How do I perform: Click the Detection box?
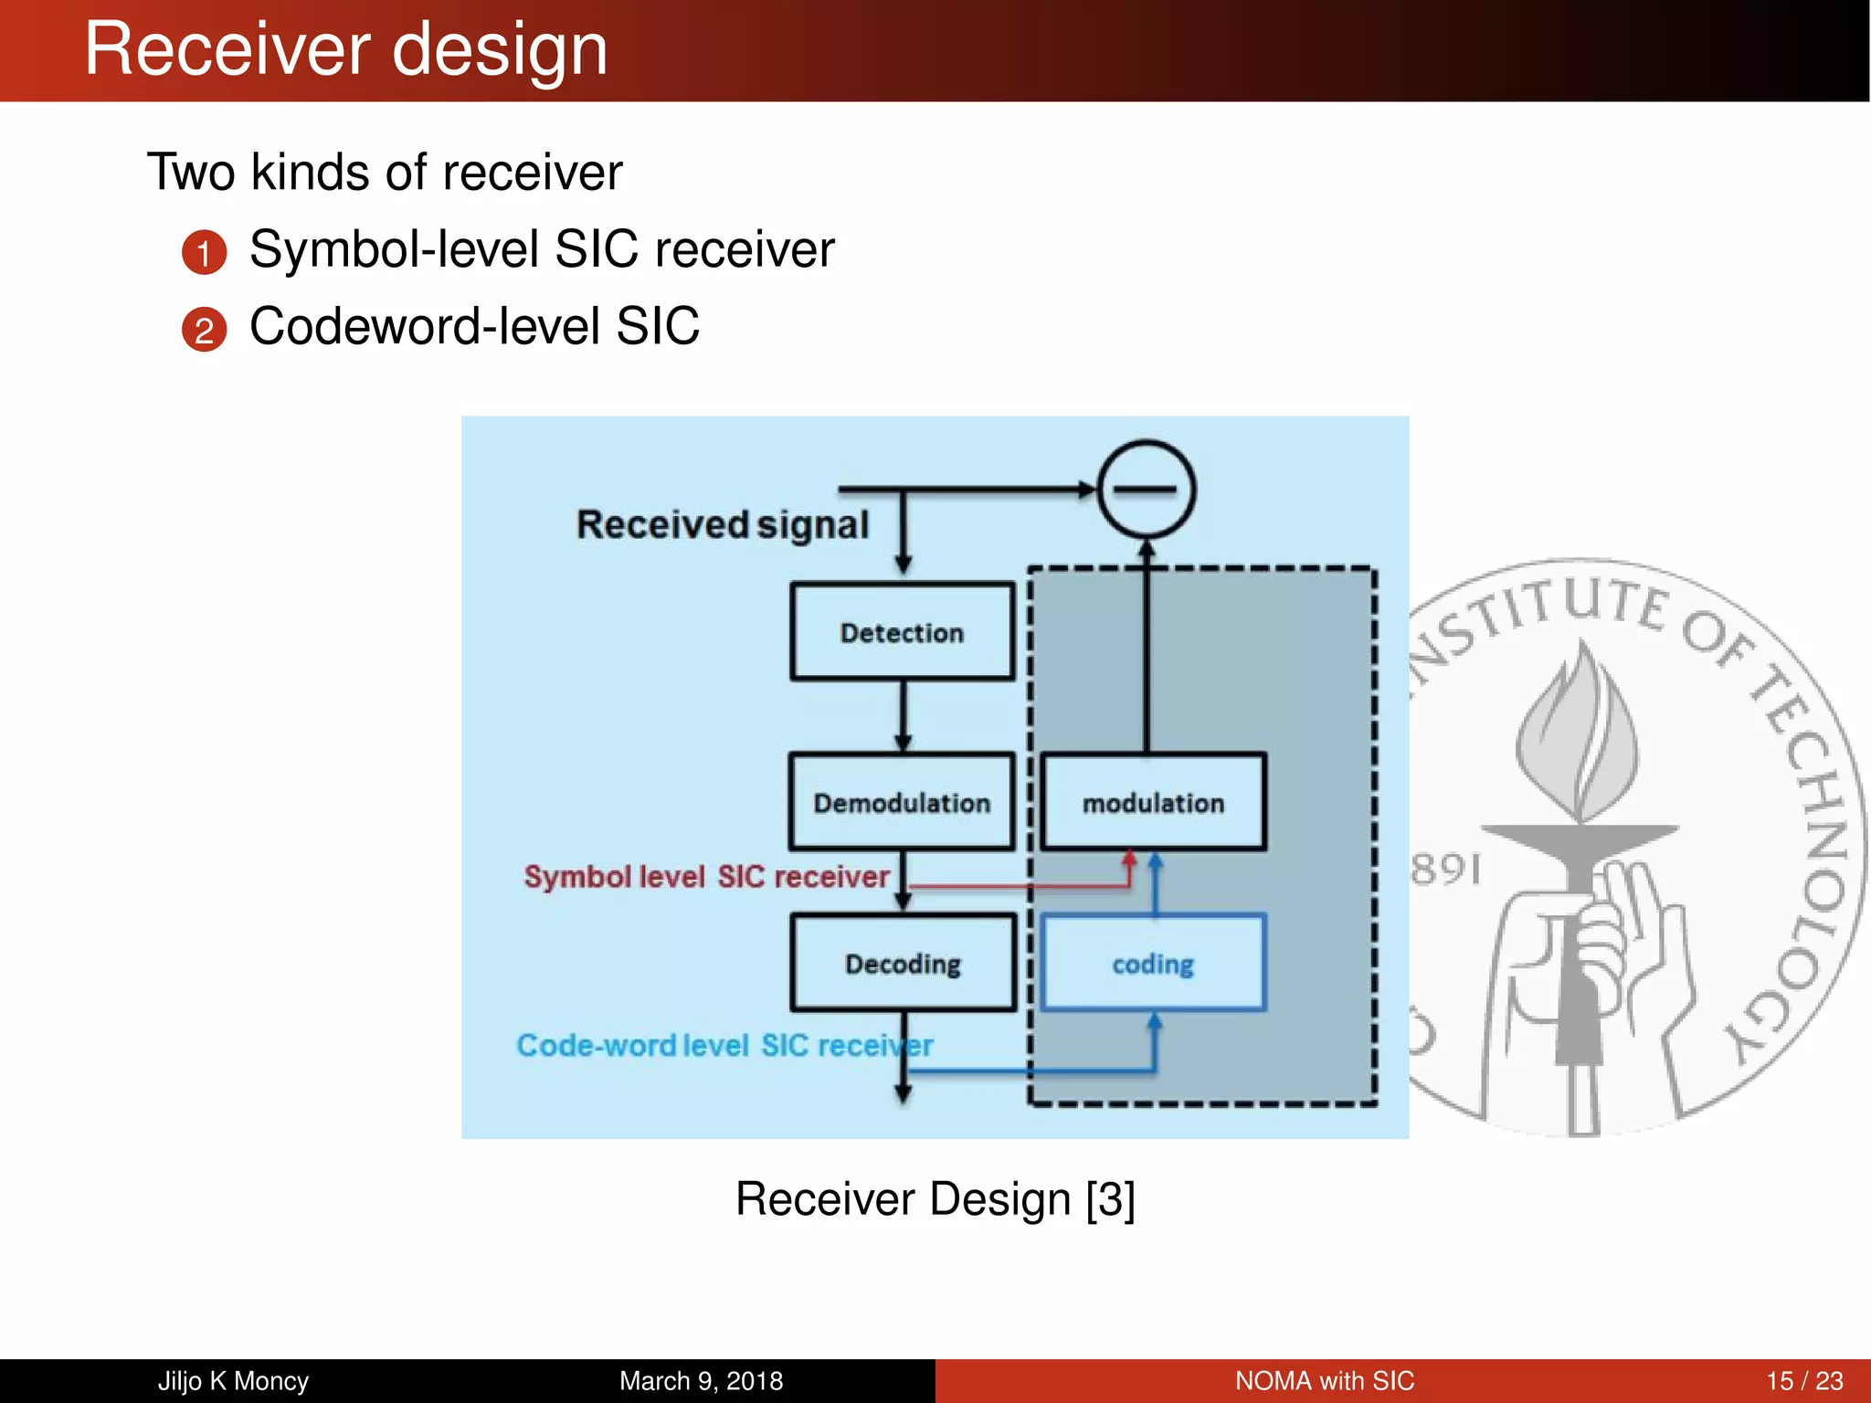902,632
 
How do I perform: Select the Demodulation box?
902,802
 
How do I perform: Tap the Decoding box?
903,963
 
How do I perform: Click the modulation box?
1153,802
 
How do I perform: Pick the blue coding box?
1153,963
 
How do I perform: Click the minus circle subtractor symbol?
1146,490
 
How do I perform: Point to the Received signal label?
722,524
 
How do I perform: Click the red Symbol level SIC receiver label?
706,876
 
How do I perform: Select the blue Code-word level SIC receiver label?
724,1045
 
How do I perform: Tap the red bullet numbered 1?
204,253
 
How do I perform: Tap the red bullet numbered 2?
204,330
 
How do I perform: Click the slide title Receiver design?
345,49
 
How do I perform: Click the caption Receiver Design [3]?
935,1198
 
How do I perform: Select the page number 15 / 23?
1803,1380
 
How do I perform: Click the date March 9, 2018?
701,1380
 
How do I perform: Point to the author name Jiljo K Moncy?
233,1380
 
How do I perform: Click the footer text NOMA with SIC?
1324,1380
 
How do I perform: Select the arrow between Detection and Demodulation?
903,717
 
